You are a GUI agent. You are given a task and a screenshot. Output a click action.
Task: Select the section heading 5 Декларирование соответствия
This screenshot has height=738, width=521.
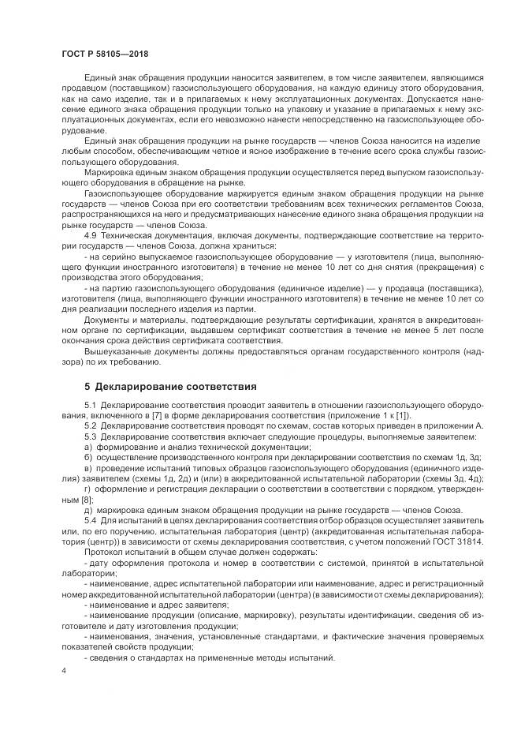(170, 386)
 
